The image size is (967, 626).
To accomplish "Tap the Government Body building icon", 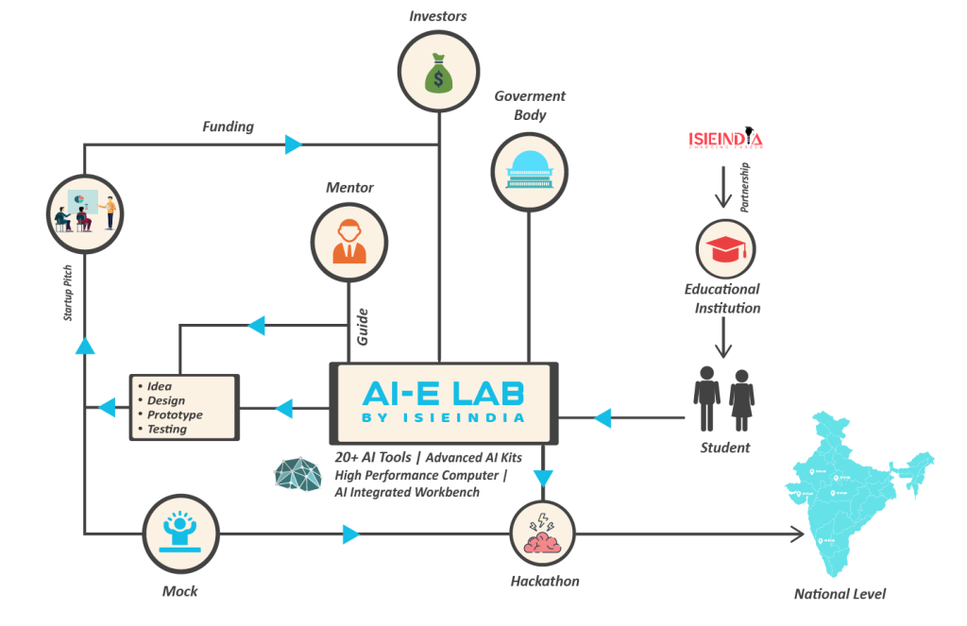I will (x=529, y=169).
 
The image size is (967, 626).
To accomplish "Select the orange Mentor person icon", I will (x=349, y=242).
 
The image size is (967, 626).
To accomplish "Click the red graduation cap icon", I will (x=725, y=248).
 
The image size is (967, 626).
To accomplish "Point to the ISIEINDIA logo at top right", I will (x=725, y=140).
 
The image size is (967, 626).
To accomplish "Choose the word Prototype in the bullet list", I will (x=175, y=415).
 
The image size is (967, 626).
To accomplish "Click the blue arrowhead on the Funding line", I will (x=293, y=144).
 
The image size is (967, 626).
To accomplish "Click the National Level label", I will (x=840, y=594).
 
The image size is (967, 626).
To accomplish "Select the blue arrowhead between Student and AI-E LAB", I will (x=602, y=417).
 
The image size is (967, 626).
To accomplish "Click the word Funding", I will (x=228, y=127).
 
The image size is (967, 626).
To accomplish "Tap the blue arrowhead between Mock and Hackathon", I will (x=350, y=535).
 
